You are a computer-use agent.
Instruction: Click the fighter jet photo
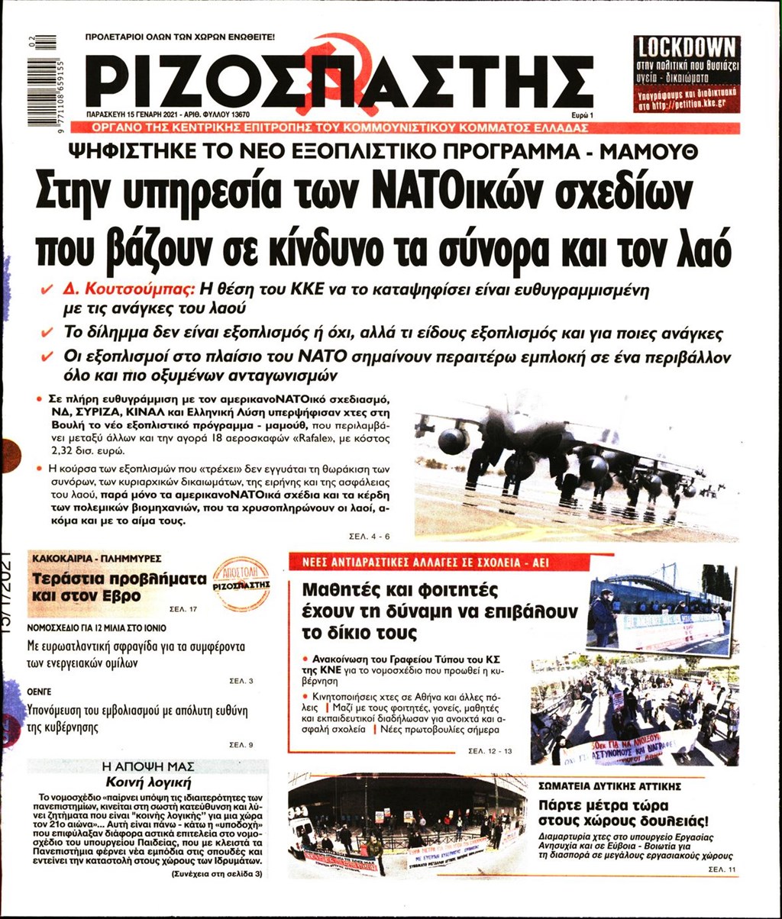tap(576, 462)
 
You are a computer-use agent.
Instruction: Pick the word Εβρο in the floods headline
tap(121, 596)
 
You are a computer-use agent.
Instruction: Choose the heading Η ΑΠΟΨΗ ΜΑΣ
tap(146, 766)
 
